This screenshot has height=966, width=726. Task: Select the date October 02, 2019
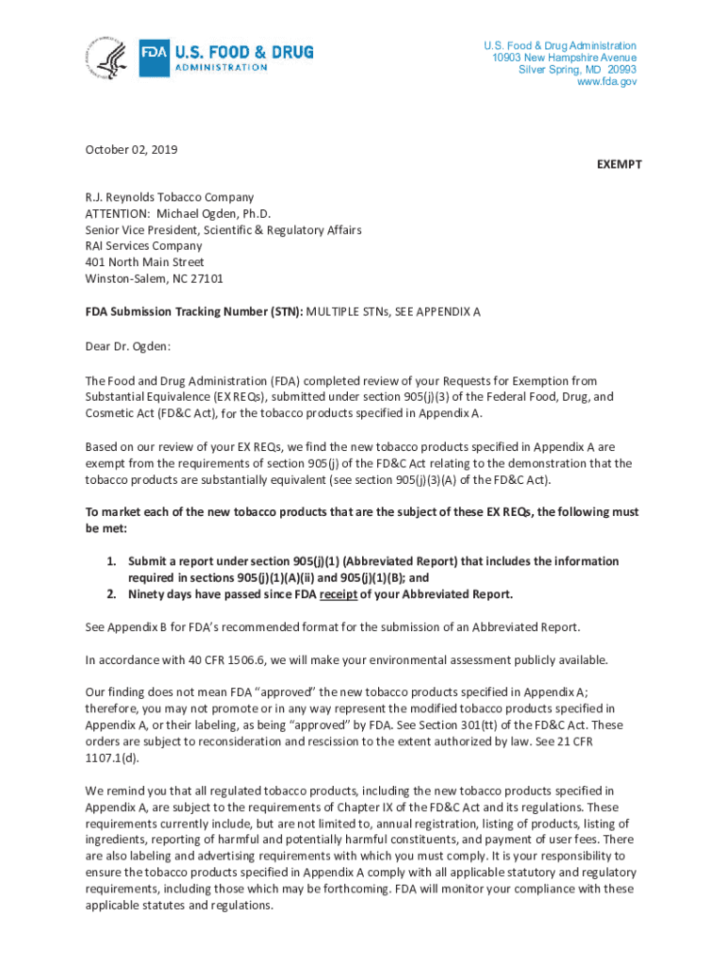(131, 149)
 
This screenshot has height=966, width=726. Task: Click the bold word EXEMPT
(619, 164)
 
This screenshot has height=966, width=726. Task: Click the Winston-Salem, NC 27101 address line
(154, 278)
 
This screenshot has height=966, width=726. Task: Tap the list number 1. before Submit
(110, 561)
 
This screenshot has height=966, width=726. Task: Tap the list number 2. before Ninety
(110, 594)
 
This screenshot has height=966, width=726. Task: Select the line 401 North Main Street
(144, 262)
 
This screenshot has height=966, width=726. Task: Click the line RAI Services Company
(143, 246)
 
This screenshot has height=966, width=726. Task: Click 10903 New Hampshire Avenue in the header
(563, 58)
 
